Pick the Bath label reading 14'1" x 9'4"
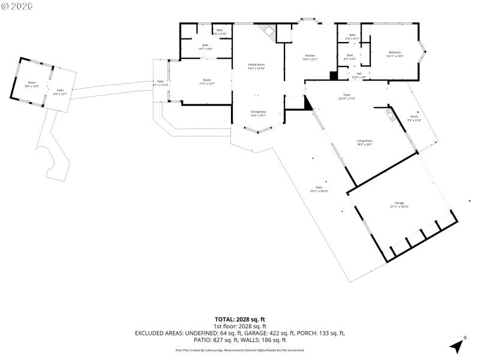point(205,47)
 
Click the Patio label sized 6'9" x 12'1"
point(61,92)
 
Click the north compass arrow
point(458,344)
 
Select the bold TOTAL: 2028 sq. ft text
point(239,319)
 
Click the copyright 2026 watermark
point(17,5)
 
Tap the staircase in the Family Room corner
point(267,32)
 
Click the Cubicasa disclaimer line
point(239,350)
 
